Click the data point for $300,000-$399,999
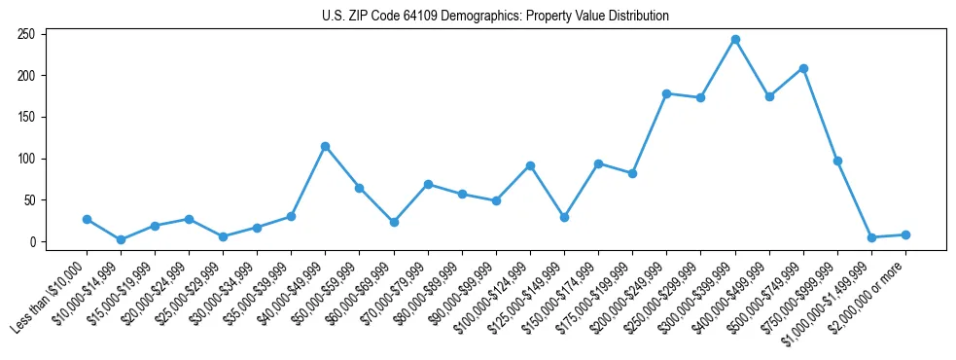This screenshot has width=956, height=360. [735, 40]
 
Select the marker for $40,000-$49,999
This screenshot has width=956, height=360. [325, 146]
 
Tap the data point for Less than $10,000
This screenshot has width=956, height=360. [87, 220]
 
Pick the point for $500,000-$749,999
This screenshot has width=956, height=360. [803, 68]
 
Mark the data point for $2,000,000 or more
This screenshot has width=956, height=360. [905, 234]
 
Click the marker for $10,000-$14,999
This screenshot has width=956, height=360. [121, 239]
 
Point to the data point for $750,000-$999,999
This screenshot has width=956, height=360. [837, 161]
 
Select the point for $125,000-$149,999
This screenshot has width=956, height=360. [564, 217]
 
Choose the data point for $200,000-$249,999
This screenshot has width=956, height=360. [666, 93]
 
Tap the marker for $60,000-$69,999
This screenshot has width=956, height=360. [393, 222]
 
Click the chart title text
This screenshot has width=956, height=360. [495, 17]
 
